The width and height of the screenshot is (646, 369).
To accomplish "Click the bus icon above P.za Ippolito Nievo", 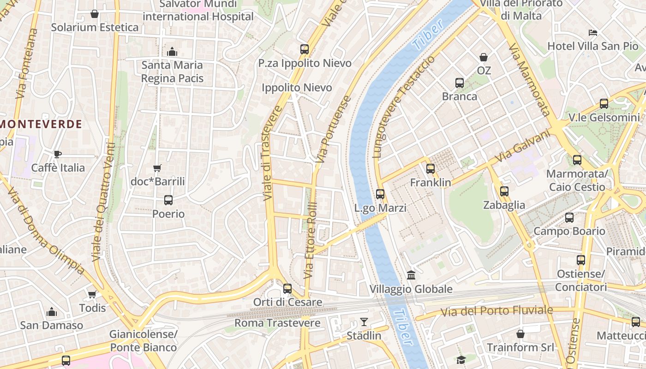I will [x=304, y=49].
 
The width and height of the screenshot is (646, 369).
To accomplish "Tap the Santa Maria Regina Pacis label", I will [x=172, y=71].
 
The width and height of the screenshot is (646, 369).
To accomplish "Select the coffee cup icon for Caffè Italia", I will [x=58, y=154].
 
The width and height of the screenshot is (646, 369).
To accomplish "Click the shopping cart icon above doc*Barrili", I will [x=157, y=168].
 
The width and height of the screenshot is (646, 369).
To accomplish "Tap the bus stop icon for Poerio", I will [x=168, y=200].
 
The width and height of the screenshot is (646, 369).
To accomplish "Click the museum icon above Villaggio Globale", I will [x=411, y=275].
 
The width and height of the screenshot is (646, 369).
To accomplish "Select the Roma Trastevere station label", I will [x=277, y=323].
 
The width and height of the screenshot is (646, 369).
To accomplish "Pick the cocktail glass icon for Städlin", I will [x=364, y=322].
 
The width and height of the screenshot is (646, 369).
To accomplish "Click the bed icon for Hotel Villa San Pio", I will [x=593, y=32].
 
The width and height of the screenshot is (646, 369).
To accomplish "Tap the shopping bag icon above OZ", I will [x=484, y=57].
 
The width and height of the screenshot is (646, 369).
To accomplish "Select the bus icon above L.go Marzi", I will [x=380, y=194].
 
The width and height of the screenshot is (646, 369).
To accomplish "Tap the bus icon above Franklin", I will [x=431, y=169].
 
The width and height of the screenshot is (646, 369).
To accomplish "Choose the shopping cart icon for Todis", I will [x=92, y=294].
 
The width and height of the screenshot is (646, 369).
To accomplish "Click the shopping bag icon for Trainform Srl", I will [x=520, y=333].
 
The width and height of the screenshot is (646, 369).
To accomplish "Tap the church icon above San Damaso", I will [x=52, y=312].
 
